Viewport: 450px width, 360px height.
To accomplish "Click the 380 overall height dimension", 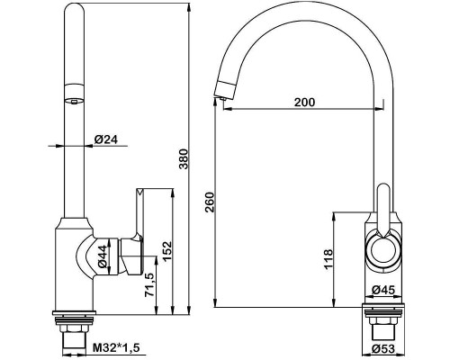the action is pos(184,158).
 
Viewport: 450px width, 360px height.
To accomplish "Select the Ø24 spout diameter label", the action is pos(106,139).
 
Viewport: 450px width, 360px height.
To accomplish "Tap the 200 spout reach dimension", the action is pos(304,103).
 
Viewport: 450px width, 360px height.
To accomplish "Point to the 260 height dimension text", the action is pos(210,202).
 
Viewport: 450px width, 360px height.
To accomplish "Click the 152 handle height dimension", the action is pos(166,251).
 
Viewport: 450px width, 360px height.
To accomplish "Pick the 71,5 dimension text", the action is pos(149,285).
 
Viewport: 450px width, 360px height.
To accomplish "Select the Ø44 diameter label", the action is pos(103,256).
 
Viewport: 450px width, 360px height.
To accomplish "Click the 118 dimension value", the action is pos(328,259).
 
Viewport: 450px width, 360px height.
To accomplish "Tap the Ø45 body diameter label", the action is pos(383,290).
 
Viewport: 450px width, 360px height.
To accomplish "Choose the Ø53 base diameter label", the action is pos(383,349).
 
